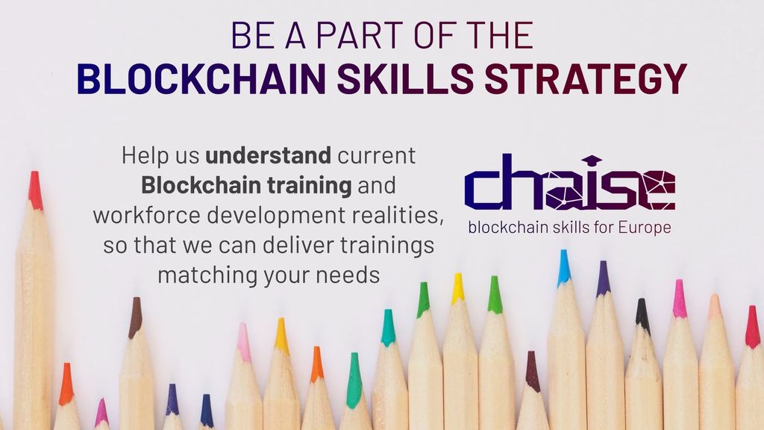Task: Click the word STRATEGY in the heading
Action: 585,78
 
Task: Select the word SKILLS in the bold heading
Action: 405,78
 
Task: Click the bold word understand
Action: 269,155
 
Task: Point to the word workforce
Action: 147,215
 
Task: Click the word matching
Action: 208,275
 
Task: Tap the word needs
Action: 348,275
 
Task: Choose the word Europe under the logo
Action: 645,228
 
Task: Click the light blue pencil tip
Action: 564,267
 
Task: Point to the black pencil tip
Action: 642,315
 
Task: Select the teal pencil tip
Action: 388,327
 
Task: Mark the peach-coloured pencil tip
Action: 716,305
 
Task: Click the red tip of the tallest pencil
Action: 35,190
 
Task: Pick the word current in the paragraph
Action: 377,156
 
